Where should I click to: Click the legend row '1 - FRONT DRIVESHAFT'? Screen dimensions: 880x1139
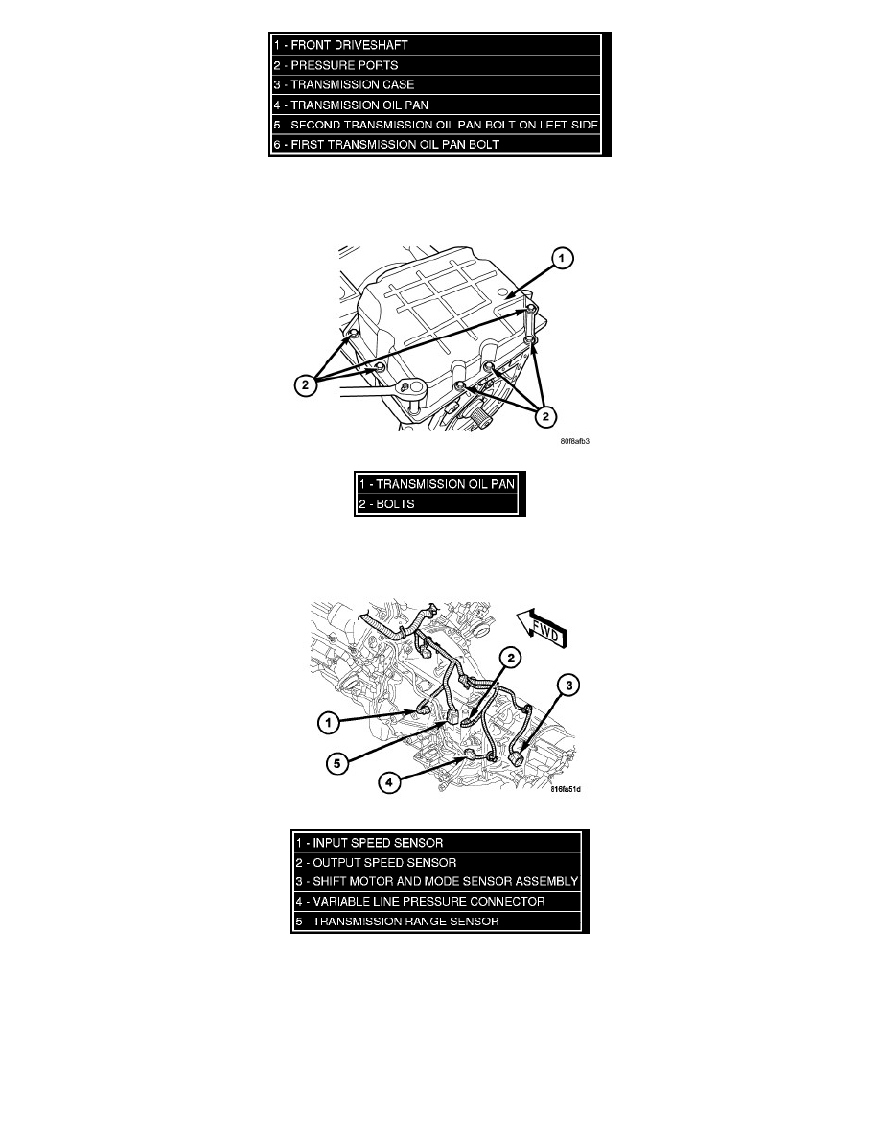click(x=435, y=45)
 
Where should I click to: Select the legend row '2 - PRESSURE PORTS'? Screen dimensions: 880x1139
click(x=435, y=65)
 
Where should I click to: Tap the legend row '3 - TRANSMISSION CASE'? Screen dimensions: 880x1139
click(x=435, y=85)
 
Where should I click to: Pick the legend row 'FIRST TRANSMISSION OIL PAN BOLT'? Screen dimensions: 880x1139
click(x=435, y=144)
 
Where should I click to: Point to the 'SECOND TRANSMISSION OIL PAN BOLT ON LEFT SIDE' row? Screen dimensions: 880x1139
click(x=435, y=125)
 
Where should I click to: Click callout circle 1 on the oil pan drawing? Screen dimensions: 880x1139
click(x=561, y=258)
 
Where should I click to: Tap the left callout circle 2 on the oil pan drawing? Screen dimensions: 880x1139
click(x=305, y=384)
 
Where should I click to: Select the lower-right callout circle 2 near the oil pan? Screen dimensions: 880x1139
click(x=545, y=416)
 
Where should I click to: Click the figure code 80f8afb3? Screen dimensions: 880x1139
click(x=575, y=441)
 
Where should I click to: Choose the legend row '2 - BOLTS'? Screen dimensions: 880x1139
click(x=438, y=504)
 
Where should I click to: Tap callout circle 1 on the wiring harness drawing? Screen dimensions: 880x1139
click(x=329, y=723)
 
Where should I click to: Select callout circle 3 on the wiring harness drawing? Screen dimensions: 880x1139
click(x=568, y=685)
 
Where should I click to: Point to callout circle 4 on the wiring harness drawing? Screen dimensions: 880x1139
click(x=389, y=782)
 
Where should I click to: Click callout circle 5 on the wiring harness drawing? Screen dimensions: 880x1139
click(x=336, y=763)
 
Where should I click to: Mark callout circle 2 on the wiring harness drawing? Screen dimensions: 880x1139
click(x=511, y=658)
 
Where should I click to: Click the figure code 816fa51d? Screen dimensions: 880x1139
click(x=566, y=789)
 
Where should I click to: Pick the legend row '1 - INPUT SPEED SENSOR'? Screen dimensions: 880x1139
click(x=437, y=843)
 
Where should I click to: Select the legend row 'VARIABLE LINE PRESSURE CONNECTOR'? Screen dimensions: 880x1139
click(x=437, y=901)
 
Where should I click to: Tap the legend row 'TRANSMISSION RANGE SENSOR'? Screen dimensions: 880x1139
click(x=437, y=921)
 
